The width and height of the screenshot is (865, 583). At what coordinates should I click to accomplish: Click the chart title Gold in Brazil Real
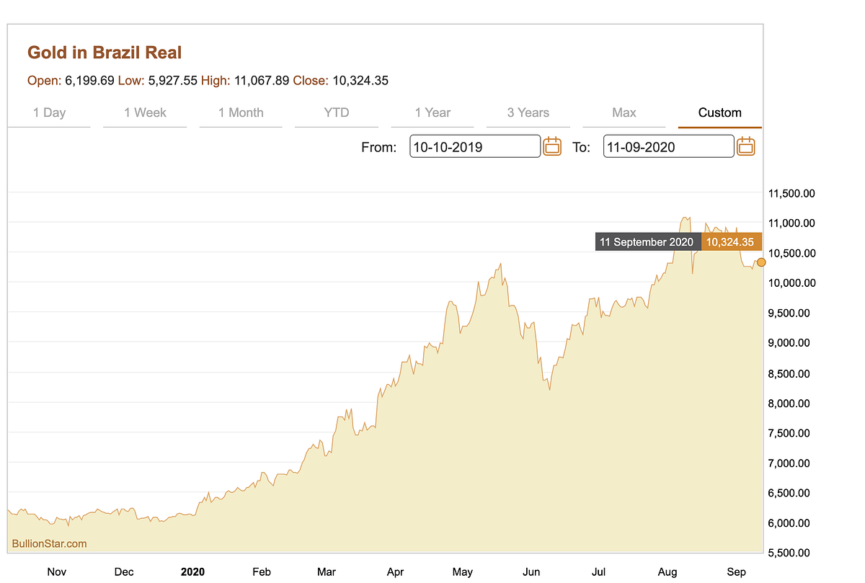105,53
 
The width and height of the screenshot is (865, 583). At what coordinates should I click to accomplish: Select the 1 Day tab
49,112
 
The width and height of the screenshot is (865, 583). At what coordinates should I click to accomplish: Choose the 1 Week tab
145,112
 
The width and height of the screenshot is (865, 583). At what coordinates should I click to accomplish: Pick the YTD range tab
336,112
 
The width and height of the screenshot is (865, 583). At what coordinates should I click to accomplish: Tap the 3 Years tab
528,112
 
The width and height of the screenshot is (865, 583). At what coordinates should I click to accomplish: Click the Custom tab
719,112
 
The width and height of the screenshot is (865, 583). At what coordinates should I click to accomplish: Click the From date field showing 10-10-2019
474,147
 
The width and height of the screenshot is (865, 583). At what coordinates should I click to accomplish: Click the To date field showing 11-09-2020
668,147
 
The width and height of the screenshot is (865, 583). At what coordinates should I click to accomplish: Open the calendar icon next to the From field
552,146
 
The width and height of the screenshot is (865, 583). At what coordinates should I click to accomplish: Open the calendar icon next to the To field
746,146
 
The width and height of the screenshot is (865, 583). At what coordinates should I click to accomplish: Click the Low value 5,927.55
172,81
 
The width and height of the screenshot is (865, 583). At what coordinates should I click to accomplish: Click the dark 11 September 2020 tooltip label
647,242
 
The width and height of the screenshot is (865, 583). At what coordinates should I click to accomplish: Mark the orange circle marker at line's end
761,262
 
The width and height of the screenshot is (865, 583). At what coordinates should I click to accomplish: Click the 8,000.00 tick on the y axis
791,404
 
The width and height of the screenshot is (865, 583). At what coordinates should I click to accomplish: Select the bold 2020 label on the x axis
192,571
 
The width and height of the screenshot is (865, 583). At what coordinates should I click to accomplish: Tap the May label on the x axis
462,571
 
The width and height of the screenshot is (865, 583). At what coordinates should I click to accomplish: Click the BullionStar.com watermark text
49,543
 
